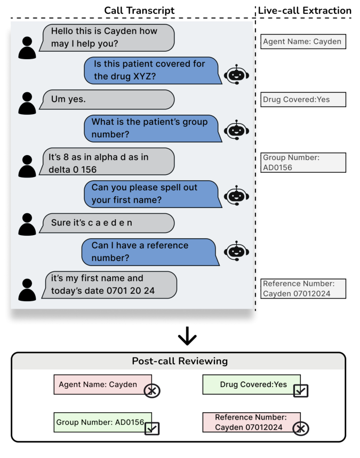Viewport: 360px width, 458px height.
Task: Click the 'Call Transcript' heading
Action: pyautogui.click(x=139, y=10)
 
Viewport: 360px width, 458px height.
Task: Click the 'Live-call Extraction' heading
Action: pyautogui.click(x=305, y=10)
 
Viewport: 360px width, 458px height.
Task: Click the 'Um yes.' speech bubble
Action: pyautogui.click(x=108, y=99)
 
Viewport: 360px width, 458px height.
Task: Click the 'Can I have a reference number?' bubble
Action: pyautogui.click(x=151, y=252)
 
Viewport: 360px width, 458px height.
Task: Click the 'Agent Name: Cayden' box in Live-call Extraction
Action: pyautogui.click(x=303, y=42)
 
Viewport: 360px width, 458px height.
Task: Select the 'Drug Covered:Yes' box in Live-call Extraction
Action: pyautogui.click(x=303, y=100)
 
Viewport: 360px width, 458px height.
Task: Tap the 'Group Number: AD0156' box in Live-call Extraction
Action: pyautogui.click(x=303, y=163)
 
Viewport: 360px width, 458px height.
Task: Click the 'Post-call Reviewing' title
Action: pyautogui.click(x=180, y=361)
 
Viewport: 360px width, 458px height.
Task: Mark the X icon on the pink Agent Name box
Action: pyautogui.click(x=152, y=391)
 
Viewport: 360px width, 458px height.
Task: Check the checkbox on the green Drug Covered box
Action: pyautogui.click(x=301, y=391)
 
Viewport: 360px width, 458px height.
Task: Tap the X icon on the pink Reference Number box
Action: pyautogui.click(x=301, y=428)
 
